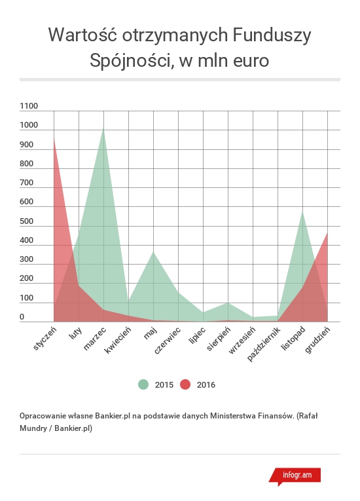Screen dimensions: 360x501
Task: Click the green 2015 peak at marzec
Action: click(103, 127)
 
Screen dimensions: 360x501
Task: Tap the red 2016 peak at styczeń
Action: click(54, 138)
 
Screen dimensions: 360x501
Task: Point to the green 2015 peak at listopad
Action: click(302, 211)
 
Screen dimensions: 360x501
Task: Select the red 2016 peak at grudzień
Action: click(327, 232)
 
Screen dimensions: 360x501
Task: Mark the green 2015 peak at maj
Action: click(153, 251)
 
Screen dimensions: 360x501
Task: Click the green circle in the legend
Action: click(143, 384)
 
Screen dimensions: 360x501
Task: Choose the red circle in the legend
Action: click(185, 384)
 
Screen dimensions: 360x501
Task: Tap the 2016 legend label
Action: click(206, 384)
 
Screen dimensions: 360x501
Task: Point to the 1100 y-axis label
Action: click(29, 105)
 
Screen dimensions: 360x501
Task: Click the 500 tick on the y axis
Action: click(27, 221)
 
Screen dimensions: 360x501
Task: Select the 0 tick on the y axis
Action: click(22, 316)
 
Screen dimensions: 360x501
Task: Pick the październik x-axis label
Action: click(264, 344)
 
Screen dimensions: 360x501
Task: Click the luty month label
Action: click(75, 333)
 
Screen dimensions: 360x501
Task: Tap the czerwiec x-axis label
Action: click(167, 341)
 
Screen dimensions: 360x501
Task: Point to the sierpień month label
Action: click(219, 339)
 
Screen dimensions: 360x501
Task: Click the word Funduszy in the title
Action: click(272, 35)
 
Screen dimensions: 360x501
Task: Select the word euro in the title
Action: click(251, 60)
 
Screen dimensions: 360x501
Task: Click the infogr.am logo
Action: click(295, 476)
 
